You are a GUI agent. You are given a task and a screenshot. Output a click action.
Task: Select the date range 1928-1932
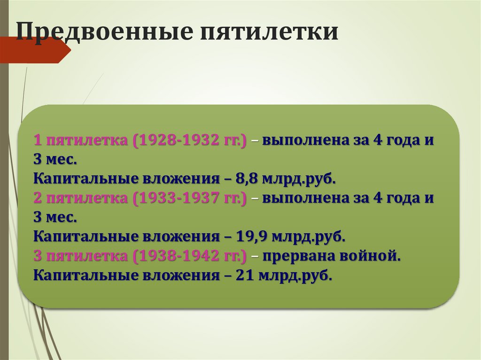[x=178, y=140]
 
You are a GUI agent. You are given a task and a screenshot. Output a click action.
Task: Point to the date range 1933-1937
[x=178, y=199]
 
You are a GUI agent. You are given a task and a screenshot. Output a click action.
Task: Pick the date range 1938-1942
[x=178, y=256]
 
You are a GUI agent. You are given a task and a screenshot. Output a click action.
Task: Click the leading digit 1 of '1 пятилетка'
[x=38, y=140]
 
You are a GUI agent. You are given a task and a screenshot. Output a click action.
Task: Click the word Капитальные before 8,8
[x=76, y=179]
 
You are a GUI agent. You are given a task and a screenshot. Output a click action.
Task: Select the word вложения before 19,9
[x=169, y=237]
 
